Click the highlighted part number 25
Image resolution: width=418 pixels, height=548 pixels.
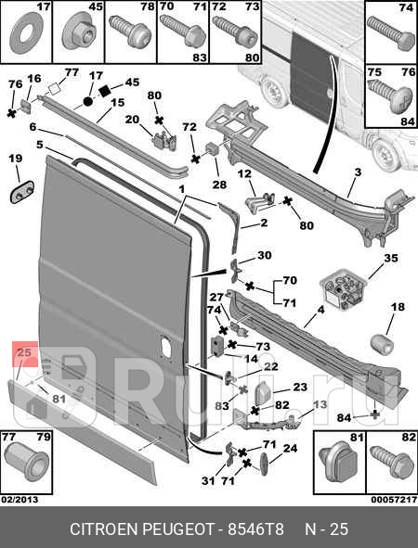[24, 352]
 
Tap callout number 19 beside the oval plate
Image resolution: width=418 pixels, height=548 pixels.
[16, 159]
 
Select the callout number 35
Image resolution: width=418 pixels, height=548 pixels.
[391, 258]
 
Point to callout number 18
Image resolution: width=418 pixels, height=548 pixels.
[398, 307]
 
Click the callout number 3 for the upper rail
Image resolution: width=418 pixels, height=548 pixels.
[358, 172]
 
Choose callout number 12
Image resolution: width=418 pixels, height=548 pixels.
[245, 173]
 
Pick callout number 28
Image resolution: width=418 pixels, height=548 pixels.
[219, 185]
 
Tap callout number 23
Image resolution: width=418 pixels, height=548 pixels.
[300, 387]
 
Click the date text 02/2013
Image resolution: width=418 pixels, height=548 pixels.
[20, 500]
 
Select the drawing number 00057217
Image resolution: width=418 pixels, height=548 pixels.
[394, 500]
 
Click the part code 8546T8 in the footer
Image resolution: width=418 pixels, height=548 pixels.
[256, 529]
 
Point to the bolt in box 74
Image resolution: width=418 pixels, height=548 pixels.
[391, 34]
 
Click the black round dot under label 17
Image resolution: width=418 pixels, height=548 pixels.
[88, 102]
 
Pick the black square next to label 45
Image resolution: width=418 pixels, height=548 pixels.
[105, 91]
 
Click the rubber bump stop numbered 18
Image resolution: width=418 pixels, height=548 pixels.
[382, 344]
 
